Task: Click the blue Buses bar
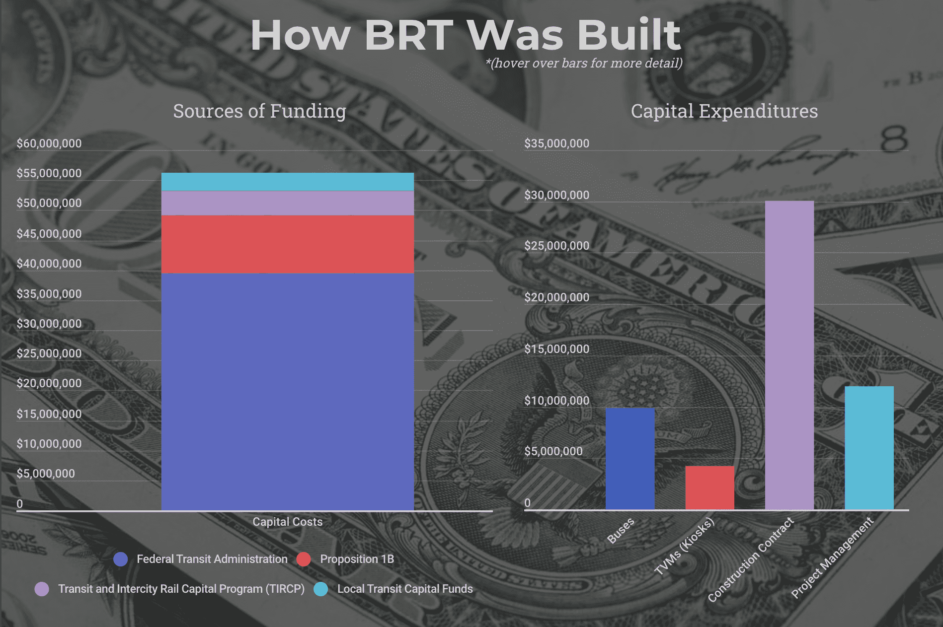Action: (629, 459)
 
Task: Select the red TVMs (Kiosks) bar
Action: (709, 488)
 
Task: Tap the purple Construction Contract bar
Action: (789, 355)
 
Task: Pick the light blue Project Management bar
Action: (869, 448)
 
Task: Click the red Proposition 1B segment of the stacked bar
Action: (287, 244)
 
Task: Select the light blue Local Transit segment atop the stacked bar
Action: (287, 182)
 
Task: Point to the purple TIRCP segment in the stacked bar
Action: (287, 203)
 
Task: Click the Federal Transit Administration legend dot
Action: (121, 559)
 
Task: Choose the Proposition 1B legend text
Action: (357, 559)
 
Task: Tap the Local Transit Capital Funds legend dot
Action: (321, 589)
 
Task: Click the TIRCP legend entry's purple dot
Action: (42, 589)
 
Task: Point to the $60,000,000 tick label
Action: (49, 143)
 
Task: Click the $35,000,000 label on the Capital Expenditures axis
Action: (556, 143)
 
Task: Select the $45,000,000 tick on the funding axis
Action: (49, 234)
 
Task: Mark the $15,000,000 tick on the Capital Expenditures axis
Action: (556, 349)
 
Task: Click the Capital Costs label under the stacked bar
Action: (287, 522)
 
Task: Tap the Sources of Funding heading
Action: (259, 111)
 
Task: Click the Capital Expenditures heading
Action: (724, 111)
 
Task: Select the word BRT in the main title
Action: (408, 35)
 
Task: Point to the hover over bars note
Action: (584, 63)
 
